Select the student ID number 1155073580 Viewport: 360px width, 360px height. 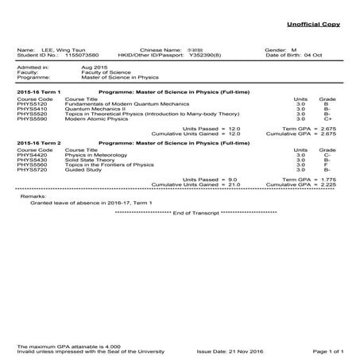click(x=83, y=56)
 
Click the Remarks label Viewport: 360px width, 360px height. click(x=33, y=195)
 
